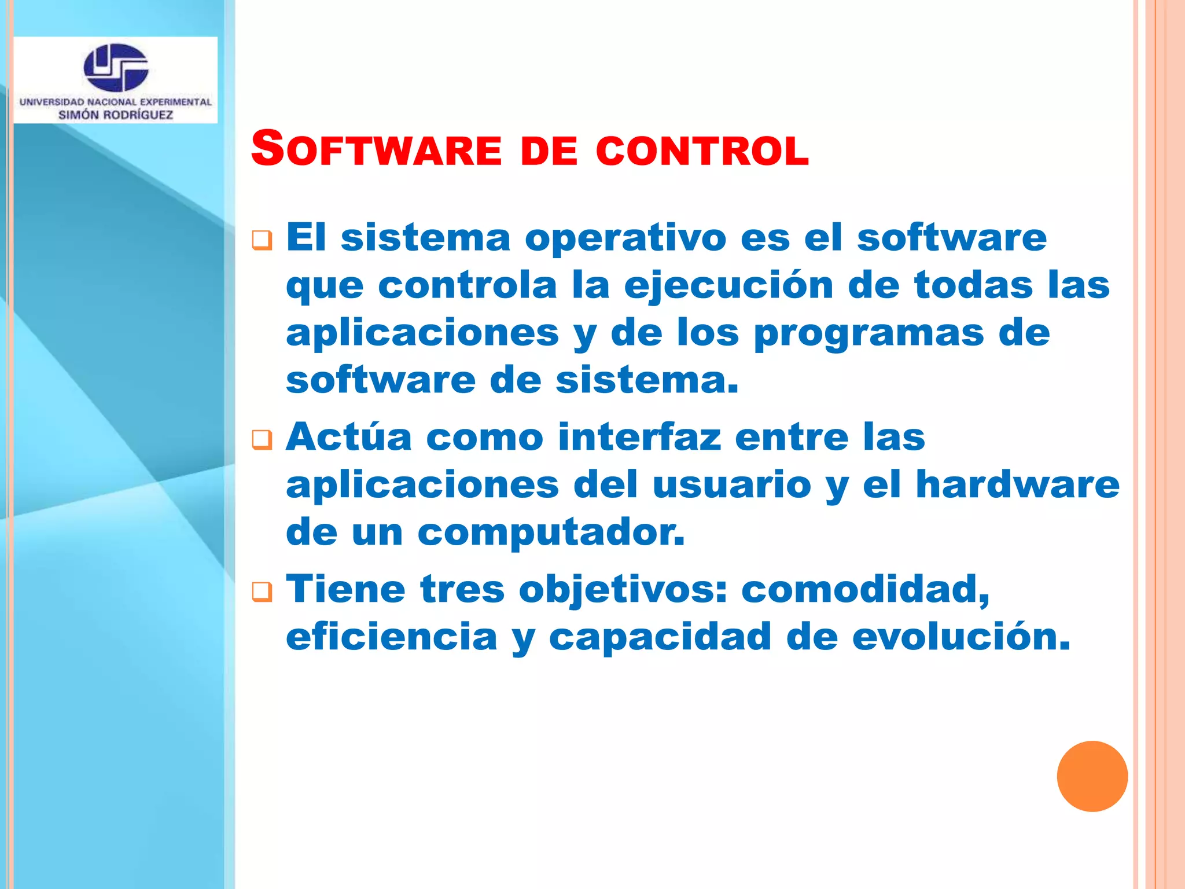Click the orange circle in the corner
tap(1092, 776)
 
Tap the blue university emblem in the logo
tap(116, 68)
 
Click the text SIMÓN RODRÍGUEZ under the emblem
tap(116, 115)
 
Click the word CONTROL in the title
tap(702, 150)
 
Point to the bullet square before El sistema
tap(262, 240)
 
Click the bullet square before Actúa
tap(262, 440)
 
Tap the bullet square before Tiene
tap(262, 592)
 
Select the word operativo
tap(625, 238)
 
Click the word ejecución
tap(728, 286)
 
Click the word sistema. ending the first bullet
tap(647, 381)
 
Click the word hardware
tap(1018, 484)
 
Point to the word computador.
tap(551, 532)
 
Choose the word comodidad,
tap(866, 589)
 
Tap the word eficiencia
tap(392, 637)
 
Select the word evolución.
tap(961, 637)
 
